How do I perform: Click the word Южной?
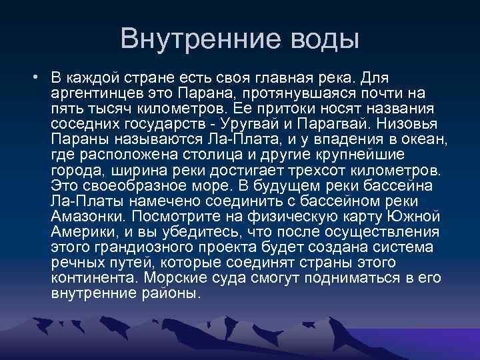(423, 216)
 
